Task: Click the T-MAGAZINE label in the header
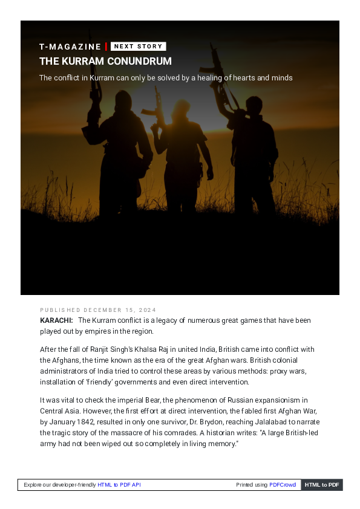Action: tap(70, 47)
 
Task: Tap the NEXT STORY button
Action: tap(138, 47)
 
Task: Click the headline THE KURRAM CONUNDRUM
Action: tap(105, 62)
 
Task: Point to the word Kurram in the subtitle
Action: tap(102, 78)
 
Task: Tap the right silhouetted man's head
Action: tap(254, 105)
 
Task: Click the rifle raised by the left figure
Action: tap(94, 81)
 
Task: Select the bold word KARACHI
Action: tap(56, 320)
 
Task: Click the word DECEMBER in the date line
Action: tap(102, 310)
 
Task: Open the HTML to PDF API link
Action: tap(119, 485)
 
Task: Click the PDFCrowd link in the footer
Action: tap(283, 485)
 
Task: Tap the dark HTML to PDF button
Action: tap(322, 485)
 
